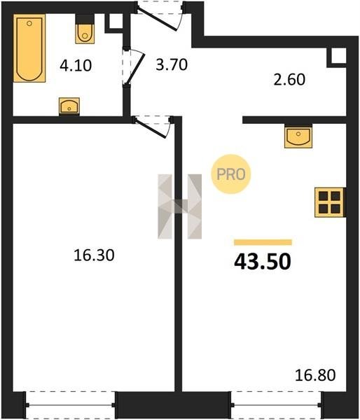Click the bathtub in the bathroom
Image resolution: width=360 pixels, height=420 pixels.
point(29,48)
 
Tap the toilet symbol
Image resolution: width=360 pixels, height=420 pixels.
point(85,29)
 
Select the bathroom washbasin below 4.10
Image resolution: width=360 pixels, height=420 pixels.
point(69,106)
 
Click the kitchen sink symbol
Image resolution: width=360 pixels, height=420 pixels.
point(298,136)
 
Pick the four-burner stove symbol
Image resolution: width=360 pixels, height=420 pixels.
point(330,202)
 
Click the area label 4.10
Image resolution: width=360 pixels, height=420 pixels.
point(76,65)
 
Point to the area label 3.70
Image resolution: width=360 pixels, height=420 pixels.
point(172,64)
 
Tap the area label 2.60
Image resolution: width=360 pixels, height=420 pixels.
point(289,80)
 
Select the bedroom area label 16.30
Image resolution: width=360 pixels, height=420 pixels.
point(94,255)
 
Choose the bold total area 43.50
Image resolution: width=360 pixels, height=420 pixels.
point(263,262)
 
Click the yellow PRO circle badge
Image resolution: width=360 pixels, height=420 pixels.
point(231,174)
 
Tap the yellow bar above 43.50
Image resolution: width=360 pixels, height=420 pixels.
point(263,242)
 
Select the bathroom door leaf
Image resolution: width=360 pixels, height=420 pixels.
point(136,67)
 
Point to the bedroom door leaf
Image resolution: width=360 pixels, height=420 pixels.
point(151,129)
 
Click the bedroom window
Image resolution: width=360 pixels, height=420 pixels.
point(71,405)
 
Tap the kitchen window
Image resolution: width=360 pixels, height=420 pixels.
point(276,405)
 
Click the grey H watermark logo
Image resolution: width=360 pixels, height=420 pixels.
point(179,206)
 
